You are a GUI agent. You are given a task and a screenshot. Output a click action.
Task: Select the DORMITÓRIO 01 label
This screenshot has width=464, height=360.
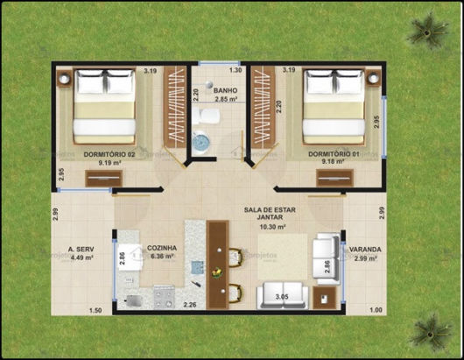coord(334,154)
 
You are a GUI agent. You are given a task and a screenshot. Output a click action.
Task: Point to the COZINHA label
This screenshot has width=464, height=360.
coord(163,249)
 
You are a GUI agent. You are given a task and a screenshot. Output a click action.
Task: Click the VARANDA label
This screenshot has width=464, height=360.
coord(365,250)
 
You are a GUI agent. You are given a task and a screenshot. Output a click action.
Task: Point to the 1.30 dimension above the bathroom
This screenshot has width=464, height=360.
coord(235,69)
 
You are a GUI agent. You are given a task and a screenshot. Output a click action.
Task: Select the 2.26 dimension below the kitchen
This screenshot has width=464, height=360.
coord(190,305)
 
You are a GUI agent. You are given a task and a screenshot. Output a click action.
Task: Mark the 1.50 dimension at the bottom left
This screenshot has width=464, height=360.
coord(96,310)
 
